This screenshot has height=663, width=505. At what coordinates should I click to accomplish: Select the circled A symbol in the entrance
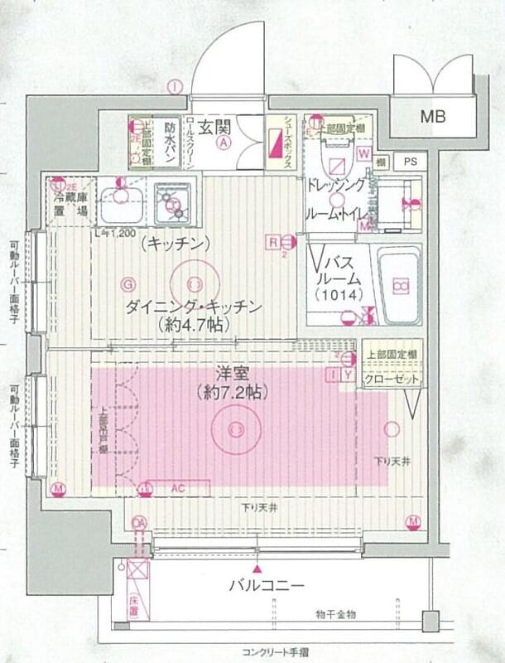(224, 142)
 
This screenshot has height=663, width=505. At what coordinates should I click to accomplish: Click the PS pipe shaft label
(409, 162)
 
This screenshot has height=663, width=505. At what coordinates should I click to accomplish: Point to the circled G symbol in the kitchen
(127, 283)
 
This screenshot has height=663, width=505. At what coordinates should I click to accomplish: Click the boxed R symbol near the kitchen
(272, 241)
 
